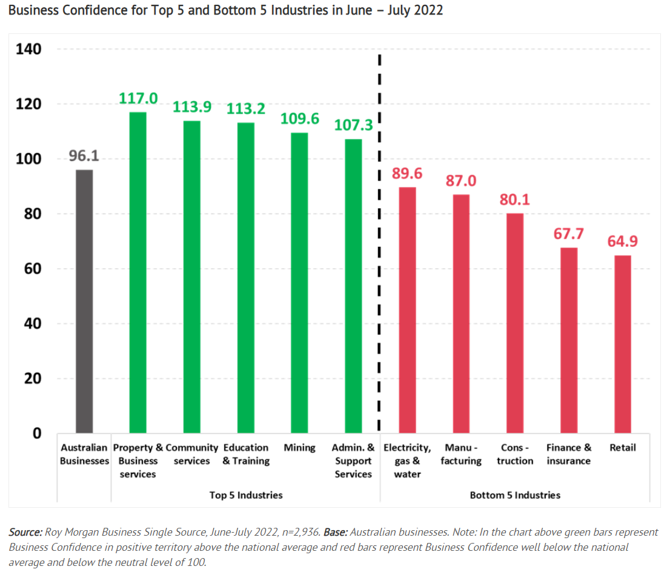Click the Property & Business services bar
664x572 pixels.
coord(138,272)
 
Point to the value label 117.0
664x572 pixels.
coord(138,98)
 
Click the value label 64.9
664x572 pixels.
coord(623,242)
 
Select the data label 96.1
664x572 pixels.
coord(84,156)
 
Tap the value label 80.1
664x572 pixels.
coord(515,200)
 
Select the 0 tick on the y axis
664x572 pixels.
coord(37,433)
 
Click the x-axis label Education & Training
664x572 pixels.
coord(245,454)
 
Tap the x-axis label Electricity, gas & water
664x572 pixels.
coord(407,461)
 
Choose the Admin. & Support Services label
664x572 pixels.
coord(353,461)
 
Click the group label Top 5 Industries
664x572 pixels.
coord(246,495)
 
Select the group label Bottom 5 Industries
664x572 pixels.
coord(515,495)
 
